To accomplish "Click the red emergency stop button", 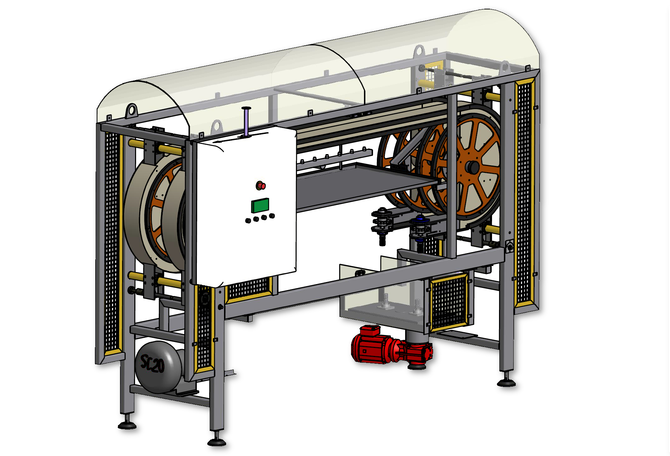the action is pos(261,185).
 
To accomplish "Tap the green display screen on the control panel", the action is pos(260,205).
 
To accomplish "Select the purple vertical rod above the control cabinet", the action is pos(246,122).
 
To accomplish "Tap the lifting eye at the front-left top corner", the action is pos(132,111).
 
